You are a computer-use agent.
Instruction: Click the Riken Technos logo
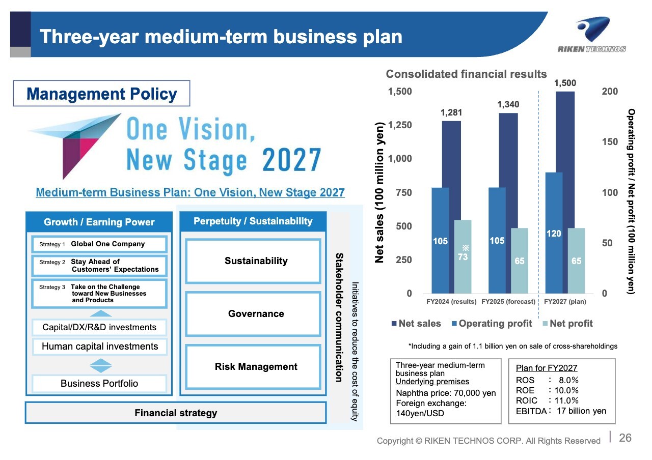pyautogui.click(x=592, y=35)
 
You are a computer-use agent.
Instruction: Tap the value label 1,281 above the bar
pyautogui.click(x=451, y=112)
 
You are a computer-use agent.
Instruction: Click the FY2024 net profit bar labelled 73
pyautogui.click(x=463, y=256)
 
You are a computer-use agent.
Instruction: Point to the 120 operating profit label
pyautogui.click(x=554, y=234)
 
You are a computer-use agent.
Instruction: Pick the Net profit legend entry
pyautogui.click(x=568, y=323)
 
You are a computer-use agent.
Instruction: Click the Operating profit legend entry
pyautogui.click(x=492, y=323)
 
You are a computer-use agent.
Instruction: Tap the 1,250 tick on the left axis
pyautogui.click(x=400, y=125)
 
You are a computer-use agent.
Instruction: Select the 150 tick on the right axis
pyautogui.click(x=610, y=142)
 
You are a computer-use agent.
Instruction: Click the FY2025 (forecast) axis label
pyautogui.click(x=508, y=302)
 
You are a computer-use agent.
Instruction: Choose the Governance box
pyautogui.click(x=253, y=314)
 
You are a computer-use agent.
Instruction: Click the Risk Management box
pyautogui.click(x=253, y=367)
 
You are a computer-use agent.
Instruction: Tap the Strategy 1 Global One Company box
pyautogui.click(x=99, y=244)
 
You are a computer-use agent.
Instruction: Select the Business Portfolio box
pyautogui.click(x=99, y=384)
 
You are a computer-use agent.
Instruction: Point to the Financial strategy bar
pyautogui.click(x=176, y=413)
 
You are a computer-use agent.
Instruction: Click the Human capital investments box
pyautogui.click(x=99, y=347)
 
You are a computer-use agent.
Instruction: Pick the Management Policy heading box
pyautogui.click(x=101, y=93)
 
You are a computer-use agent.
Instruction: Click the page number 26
pyautogui.click(x=625, y=438)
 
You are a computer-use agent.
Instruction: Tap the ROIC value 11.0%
pyautogui.click(x=566, y=400)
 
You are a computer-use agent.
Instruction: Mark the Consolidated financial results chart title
pyautogui.click(x=466, y=74)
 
